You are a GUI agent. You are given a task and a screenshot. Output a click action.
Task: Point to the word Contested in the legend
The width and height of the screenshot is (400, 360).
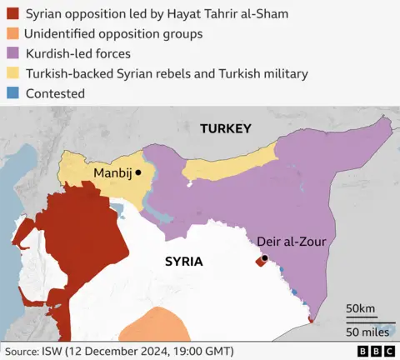(55, 93)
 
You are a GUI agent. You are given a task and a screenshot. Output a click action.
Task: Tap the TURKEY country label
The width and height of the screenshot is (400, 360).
(225, 128)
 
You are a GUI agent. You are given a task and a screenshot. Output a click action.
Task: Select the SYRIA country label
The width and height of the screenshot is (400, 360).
(183, 261)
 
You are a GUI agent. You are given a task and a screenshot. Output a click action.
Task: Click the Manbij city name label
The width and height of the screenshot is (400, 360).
(112, 172)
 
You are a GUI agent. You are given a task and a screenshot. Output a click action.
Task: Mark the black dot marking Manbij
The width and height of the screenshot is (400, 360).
(139, 172)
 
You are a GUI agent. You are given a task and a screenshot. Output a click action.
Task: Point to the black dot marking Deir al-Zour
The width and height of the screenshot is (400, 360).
(264, 258)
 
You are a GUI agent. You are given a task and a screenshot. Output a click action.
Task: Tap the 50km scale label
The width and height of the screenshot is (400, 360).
(360, 308)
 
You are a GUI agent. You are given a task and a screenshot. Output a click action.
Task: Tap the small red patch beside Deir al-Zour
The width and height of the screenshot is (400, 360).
(259, 262)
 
